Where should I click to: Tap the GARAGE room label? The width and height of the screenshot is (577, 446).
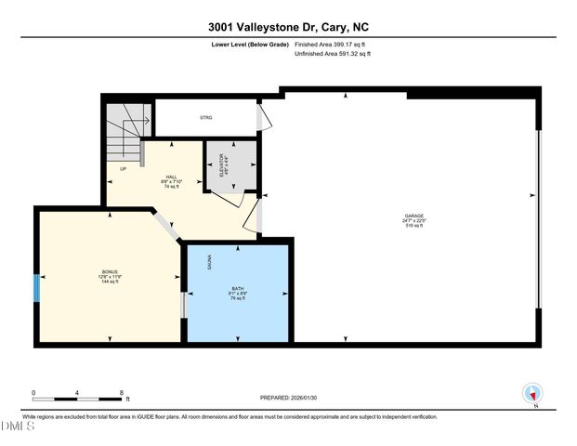click(414, 220)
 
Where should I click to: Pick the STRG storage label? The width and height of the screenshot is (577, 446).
click(206, 118)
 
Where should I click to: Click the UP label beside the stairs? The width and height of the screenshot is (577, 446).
click(123, 168)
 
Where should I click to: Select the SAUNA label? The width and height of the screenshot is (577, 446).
click(210, 264)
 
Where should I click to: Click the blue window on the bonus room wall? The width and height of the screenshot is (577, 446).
click(36, 288)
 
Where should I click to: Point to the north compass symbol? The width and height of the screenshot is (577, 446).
click(532, 393)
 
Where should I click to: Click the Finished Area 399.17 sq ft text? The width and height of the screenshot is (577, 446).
click(333, 44)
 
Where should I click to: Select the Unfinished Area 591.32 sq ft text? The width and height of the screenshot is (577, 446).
click(333, 55)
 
